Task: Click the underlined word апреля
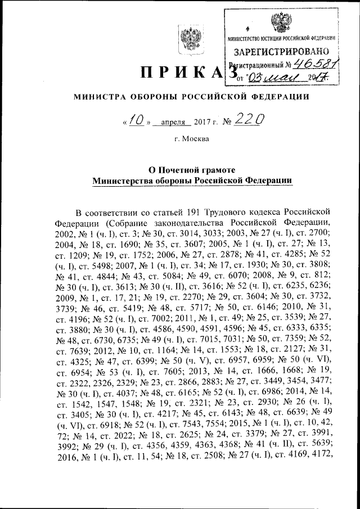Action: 173,122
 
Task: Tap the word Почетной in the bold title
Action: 179,169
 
